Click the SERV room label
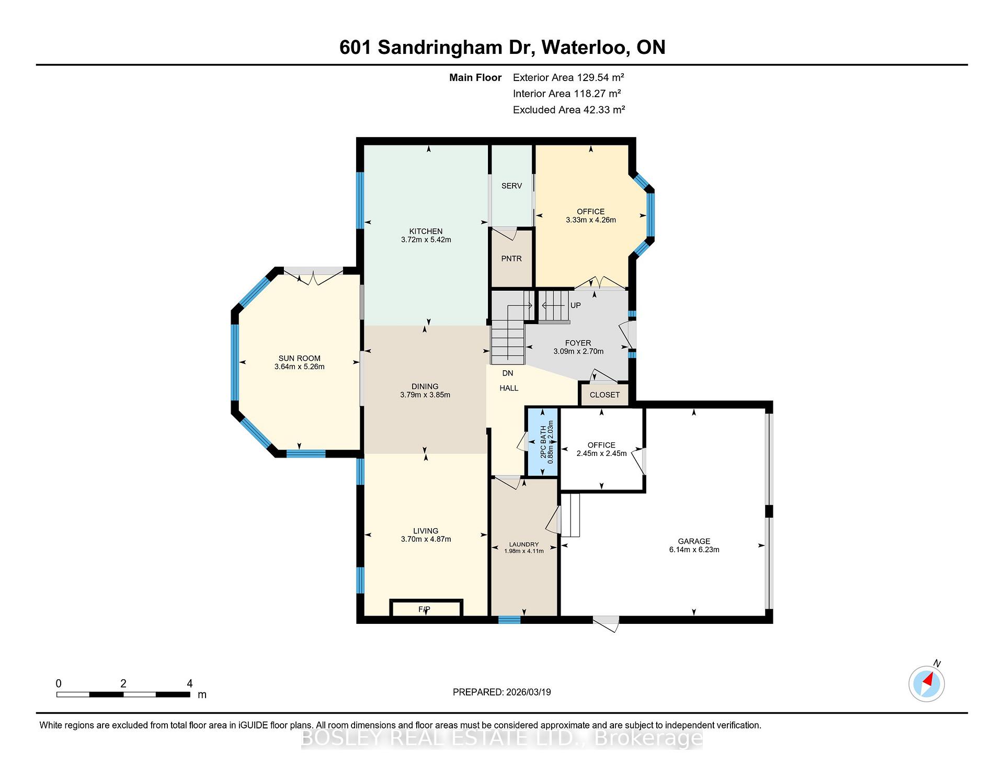(x=511, y=186)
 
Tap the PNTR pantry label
(x=511, y=258)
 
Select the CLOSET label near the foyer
(x=604, y=395)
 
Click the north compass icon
(x=927, y=683)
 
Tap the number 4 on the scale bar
(x=190, y=683)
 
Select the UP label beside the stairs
(x=575, y=305)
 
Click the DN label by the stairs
(x=508, y=373)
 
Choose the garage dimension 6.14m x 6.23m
(x=694, y=550)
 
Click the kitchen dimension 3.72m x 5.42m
(x=426, y=239)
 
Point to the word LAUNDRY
(x=524, y=544)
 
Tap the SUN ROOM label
(x=299, y=358)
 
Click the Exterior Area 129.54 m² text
(x=568, y=77)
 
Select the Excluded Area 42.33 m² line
(x=569, y=110)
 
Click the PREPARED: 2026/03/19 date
(x=501, y=692)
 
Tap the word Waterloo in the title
(x=584, y=47)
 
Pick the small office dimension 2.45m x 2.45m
(x=601, y=453)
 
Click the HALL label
(x=509, y=388)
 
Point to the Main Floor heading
(x=475, y=77)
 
